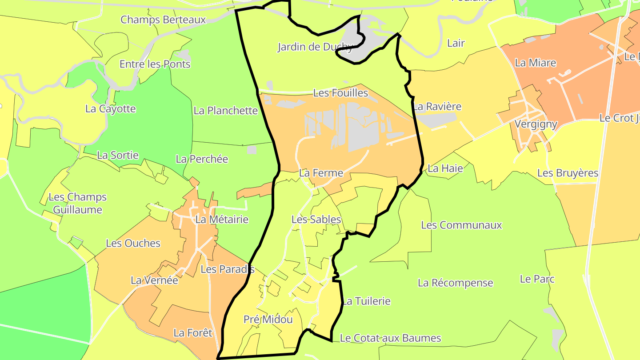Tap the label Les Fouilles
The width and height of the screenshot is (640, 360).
(341, 93)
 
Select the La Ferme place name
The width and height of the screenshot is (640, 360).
(321, 173)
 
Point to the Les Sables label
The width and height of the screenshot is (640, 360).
(316, 219)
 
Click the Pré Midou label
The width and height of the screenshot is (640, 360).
(268, 319)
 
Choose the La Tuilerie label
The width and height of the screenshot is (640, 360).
(366, 301)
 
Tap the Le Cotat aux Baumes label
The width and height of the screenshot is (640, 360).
(390, 338)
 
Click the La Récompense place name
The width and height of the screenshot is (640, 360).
(455, 283)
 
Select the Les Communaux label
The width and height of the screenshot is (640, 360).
(461, 225)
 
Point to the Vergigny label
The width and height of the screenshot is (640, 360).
(536, 124)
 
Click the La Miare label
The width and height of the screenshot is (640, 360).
(535, 63)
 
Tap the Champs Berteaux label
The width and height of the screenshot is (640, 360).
(163, 20)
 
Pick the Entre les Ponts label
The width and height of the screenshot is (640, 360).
(155, 64)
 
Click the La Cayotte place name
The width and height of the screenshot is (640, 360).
(110, 108)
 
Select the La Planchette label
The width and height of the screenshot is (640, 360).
(225, 110)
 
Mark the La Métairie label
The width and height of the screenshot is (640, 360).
(222, 219)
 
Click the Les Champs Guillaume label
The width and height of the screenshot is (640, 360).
(77, 203)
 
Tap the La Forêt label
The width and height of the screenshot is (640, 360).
(193, 332)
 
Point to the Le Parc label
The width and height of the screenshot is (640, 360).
(537, 279)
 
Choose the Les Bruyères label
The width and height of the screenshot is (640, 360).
(568, 173)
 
